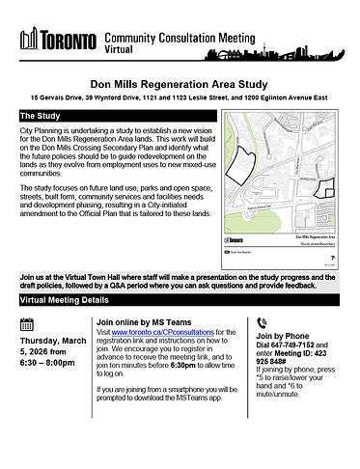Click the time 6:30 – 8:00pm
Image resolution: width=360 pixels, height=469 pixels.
(x=51, y=365)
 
